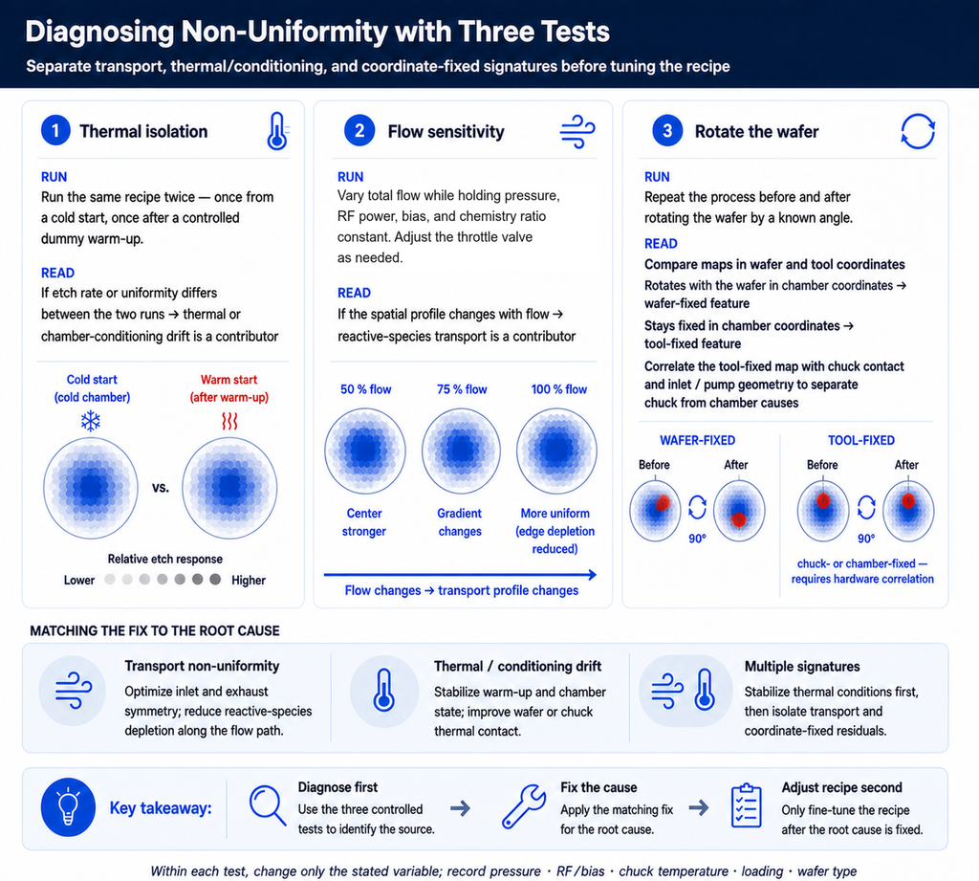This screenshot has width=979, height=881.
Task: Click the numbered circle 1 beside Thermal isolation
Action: click(x=55, y=131)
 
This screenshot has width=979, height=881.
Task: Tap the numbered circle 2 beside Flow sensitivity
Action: click(x=359, y=131)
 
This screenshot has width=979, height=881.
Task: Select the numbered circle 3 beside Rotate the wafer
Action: click(x=667, y=131)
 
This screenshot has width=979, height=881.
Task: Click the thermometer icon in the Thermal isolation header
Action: click(x=276, y=131)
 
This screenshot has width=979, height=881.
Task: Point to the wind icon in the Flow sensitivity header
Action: click(x=577, y=131)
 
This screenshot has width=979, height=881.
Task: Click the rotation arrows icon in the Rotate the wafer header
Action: click(x=918, y=131)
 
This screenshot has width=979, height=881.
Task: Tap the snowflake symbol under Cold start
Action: click(x=91, y=421)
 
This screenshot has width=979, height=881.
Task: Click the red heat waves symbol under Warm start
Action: click(x=229, y=421)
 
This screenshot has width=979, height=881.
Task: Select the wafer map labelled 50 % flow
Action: click(x=365, y=450)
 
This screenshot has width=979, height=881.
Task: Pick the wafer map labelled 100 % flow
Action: click(x=557, y=450)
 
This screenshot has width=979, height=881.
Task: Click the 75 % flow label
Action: click(x=462, y=389)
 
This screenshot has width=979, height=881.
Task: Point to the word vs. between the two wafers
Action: click(x=161, y=487)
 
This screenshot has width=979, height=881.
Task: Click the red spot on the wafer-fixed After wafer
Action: click(x=739, y=519)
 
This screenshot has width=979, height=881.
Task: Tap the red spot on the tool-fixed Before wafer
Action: click(x=823, y=500)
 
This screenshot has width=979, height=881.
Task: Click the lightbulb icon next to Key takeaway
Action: click(x=68, y=807)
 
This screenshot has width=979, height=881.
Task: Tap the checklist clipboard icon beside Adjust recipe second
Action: click(x=746, y=806)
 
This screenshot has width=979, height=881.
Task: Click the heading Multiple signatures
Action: click(x=802, y=667)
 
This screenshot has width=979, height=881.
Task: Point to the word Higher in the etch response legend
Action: click(x=249, y=581)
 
